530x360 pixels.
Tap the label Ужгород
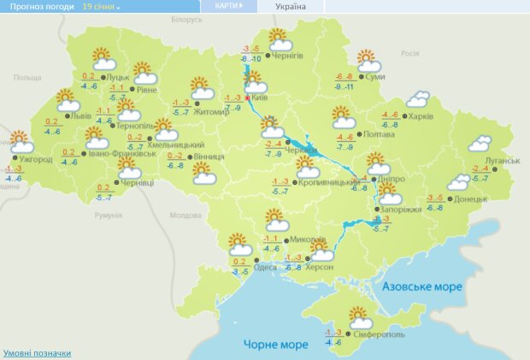(x=35, y=159)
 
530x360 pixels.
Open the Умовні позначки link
(x=37, y=352)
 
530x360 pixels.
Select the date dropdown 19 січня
(x=101, y=6)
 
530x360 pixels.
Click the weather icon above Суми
(x=368, y=61)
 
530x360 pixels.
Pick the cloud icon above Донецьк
(x=459, y=181)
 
